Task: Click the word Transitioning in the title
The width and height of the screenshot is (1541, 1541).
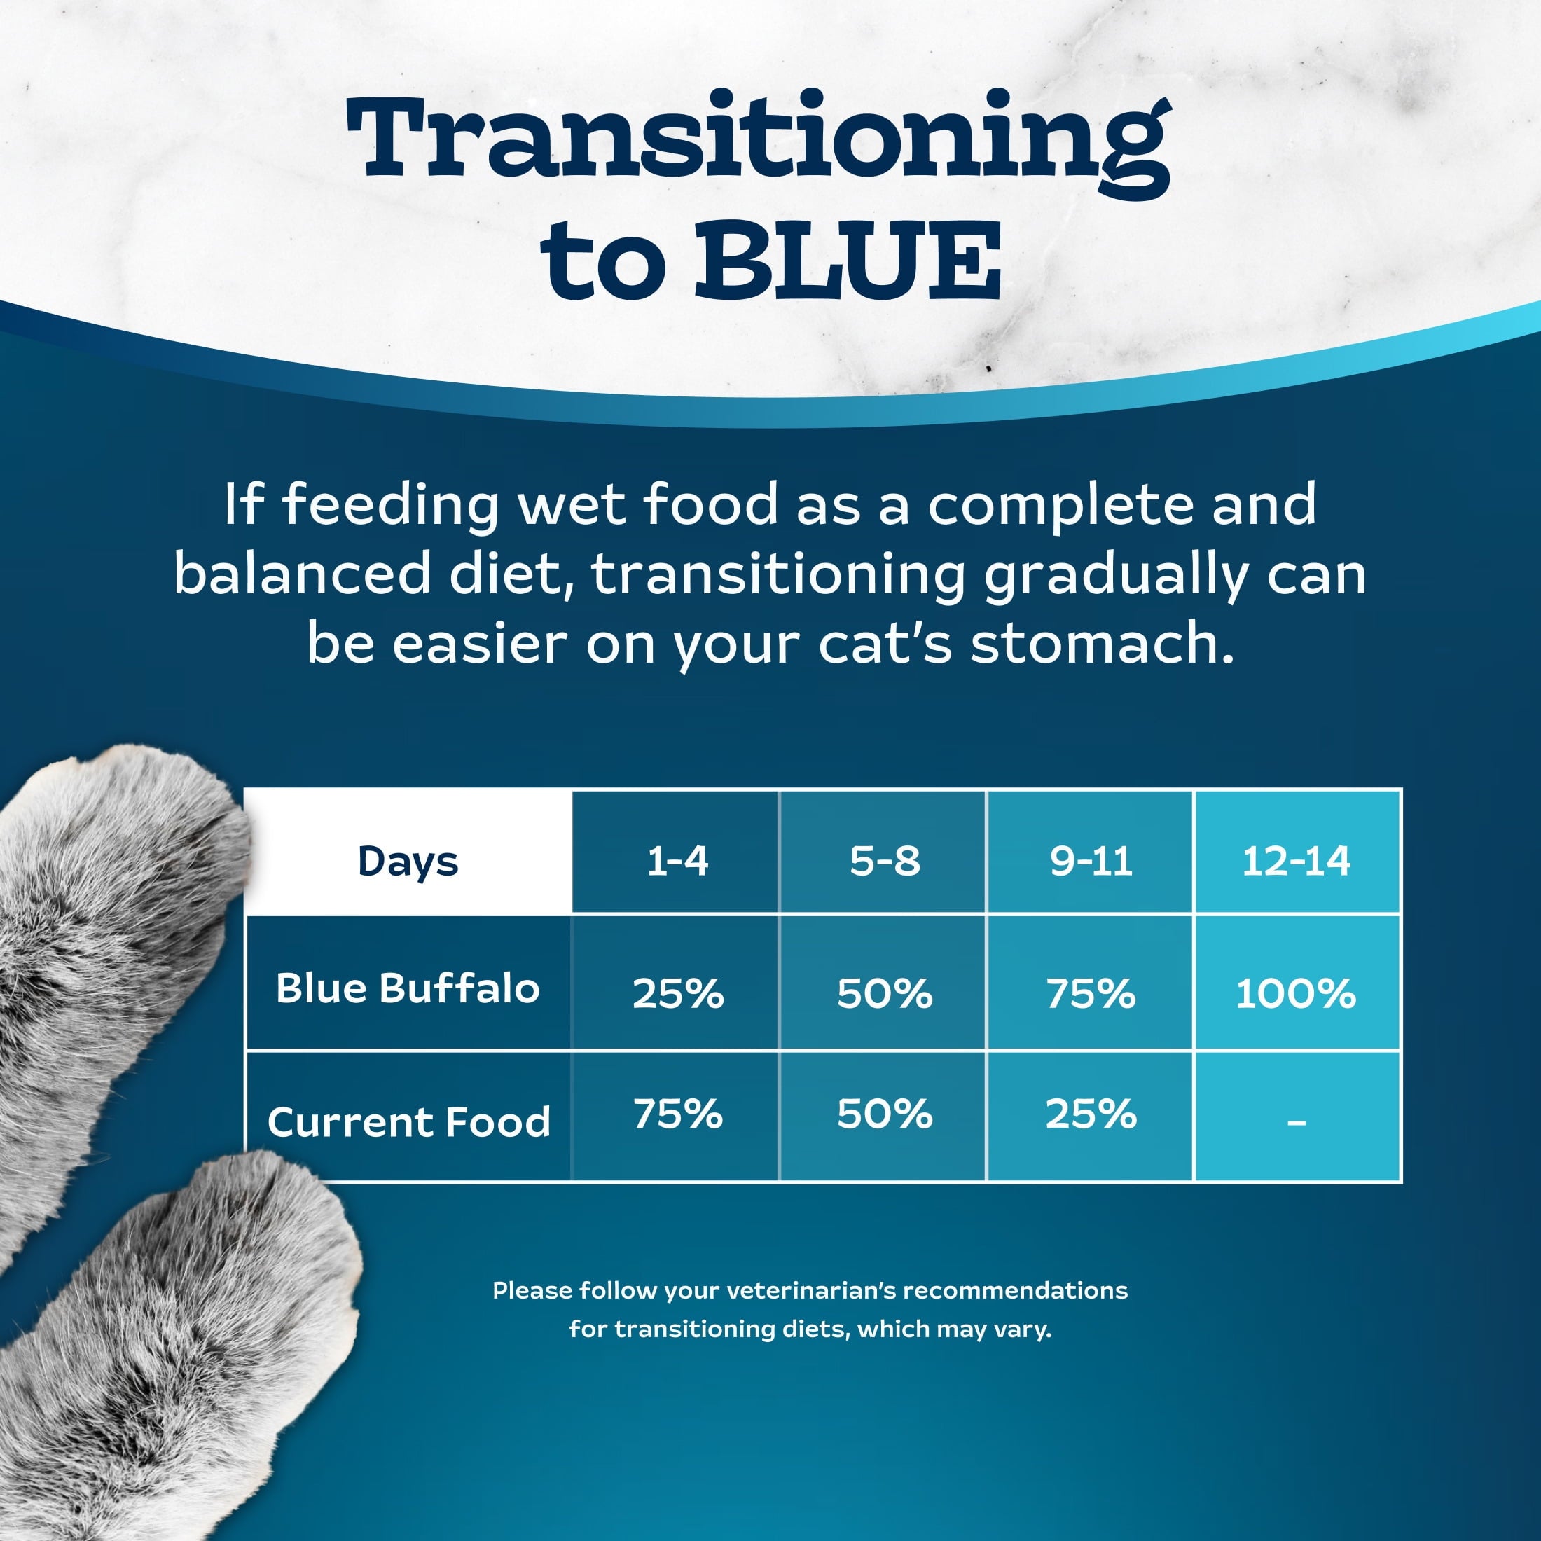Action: [x=758, y=139]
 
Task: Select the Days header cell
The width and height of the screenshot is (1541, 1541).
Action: [x=408, y=862]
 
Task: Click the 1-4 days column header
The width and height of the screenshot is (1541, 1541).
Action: [x=677, y=862]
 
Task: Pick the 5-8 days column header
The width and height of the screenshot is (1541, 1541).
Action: [x=884, y=862]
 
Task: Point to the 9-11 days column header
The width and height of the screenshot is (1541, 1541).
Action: [x=1091, y=862]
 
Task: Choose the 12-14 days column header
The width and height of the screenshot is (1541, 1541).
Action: [x=1296, y=862]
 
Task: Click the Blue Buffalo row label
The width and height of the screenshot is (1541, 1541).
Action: [x=408, y=988]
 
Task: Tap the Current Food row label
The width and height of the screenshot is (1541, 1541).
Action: [x=408, y=1121]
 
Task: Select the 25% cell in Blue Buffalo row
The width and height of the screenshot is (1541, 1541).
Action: [x=677, y=994]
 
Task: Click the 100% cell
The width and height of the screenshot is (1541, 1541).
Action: [x=1296, y=994]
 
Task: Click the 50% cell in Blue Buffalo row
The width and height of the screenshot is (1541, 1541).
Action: [x=884, y=994]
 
